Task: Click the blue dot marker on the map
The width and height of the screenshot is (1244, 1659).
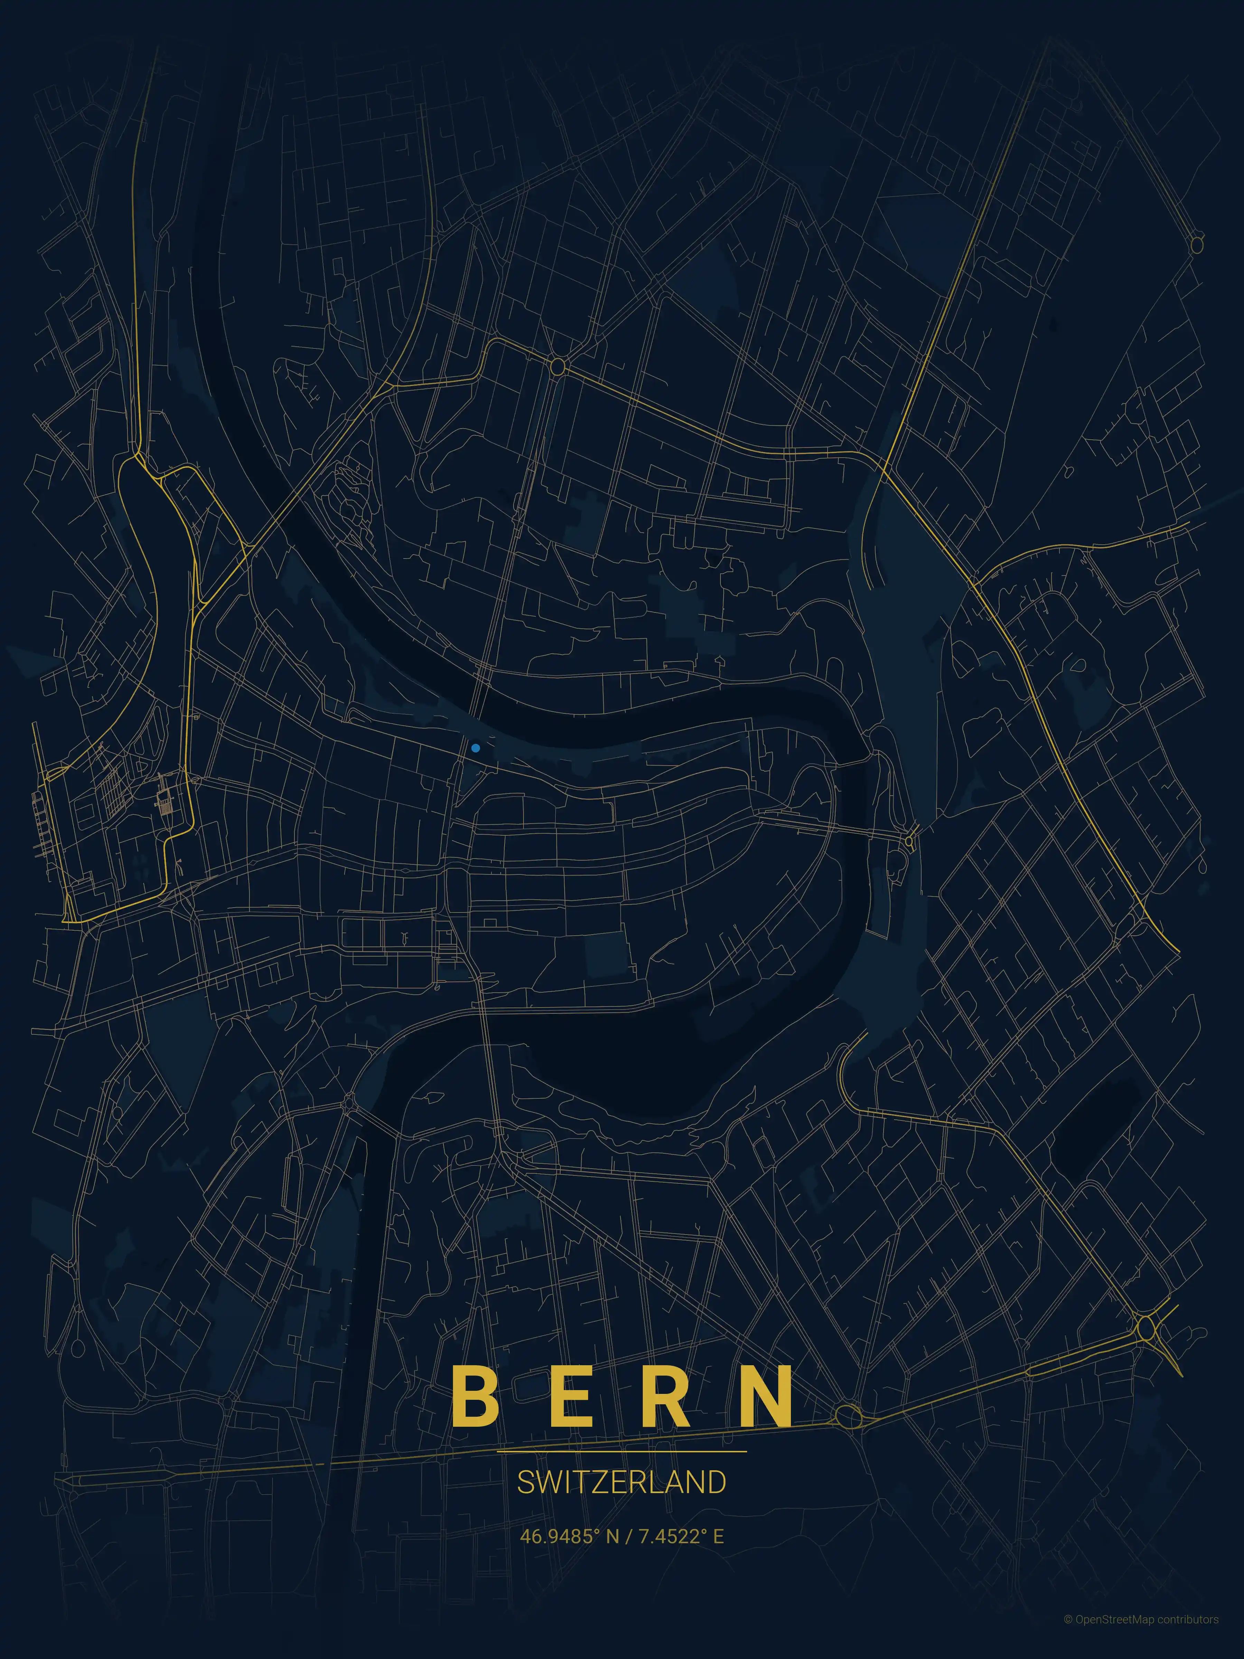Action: [x=475, y=748]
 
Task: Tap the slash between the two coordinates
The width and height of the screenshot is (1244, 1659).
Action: [x=628, y=1537]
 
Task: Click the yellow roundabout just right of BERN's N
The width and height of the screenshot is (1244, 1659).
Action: [x=849, y=1417]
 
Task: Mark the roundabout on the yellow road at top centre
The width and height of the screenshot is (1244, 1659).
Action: [x=557, y=367]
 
